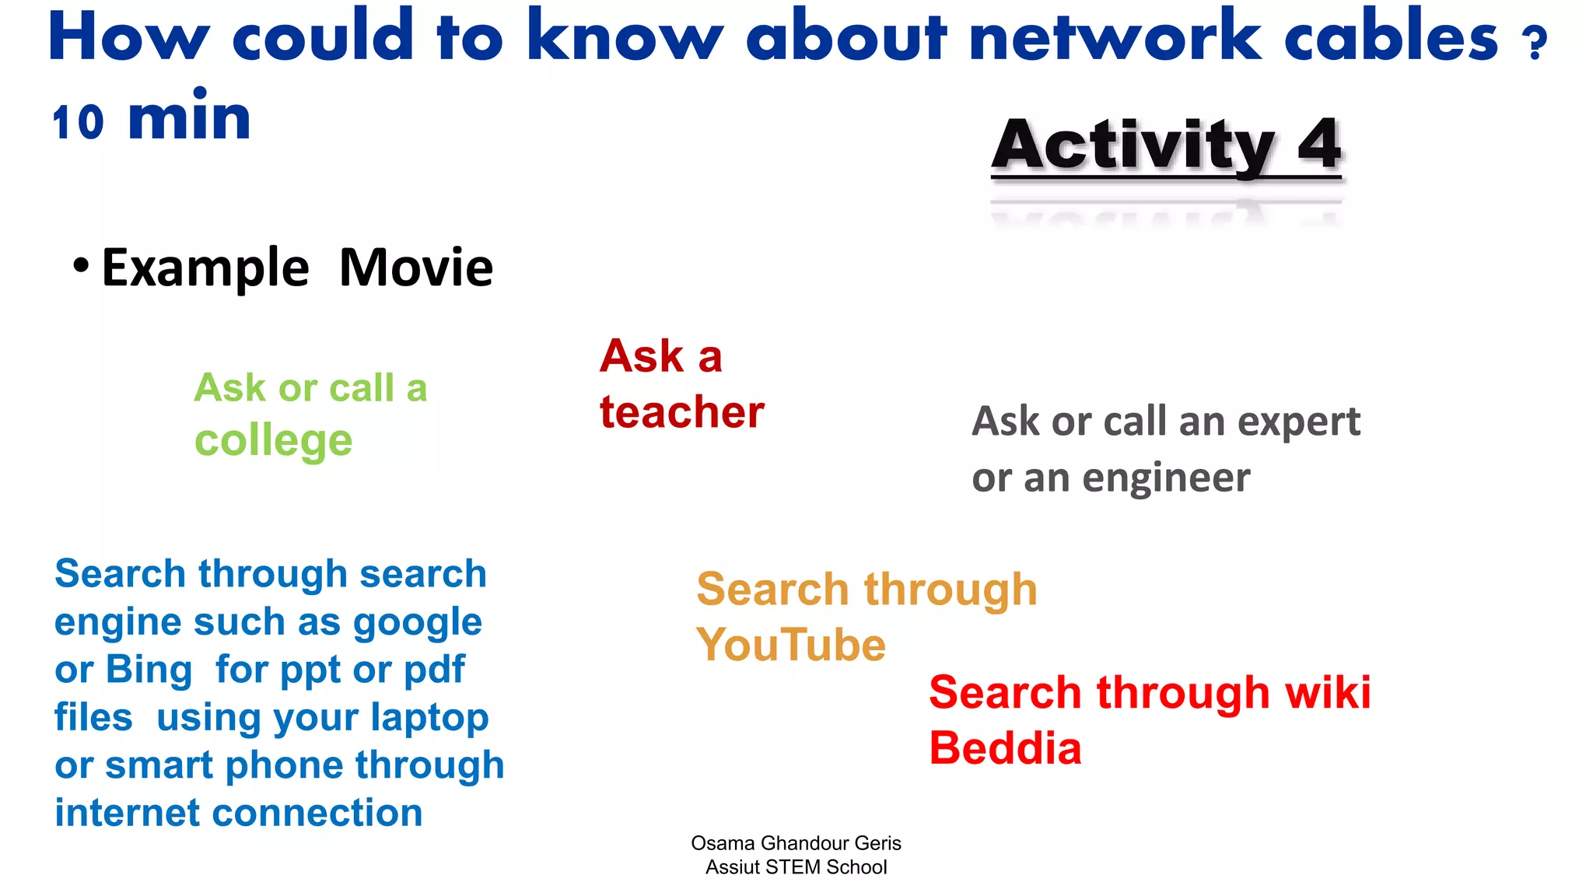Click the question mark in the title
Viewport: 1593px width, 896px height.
point(1535,44)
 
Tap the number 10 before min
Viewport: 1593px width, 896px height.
point(78,123)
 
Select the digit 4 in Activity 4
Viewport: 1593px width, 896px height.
point(1319,145)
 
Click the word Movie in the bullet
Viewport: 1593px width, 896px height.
point(416,268)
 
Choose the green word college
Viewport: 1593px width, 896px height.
point(273,440)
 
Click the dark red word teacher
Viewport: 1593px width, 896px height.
point(681,411)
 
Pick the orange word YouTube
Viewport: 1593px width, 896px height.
point(791,645)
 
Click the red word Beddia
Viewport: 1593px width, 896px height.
point(1005,748)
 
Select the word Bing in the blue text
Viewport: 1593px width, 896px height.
point(149,670)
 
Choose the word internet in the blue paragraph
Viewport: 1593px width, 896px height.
point(127,813)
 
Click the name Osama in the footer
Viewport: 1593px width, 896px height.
point(723,843)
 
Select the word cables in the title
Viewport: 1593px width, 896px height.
point(1390,37)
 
